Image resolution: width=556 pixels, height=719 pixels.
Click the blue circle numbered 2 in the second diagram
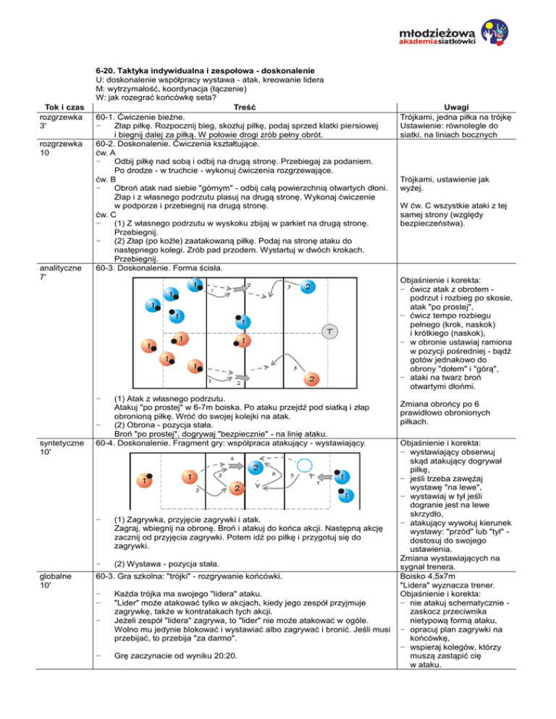tap(256, 468)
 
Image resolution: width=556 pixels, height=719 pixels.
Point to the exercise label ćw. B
tap(106, 178)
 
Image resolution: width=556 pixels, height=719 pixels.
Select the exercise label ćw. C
tap(106, 215)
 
